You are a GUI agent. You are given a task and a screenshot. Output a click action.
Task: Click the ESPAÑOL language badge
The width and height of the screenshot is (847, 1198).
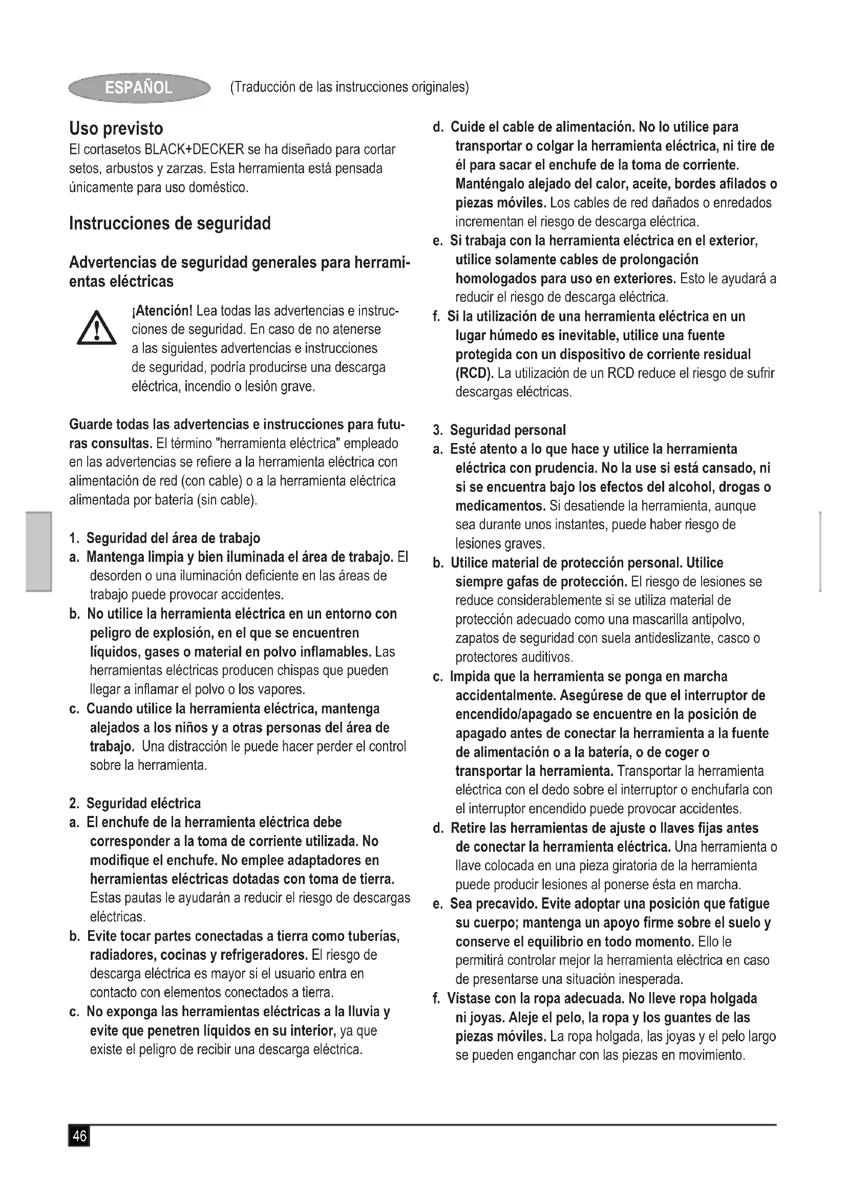click(139, 88)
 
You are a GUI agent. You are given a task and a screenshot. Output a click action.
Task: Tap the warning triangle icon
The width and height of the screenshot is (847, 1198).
click(96, 329)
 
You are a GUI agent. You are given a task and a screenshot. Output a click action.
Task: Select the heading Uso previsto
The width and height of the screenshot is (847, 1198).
click(116, 129)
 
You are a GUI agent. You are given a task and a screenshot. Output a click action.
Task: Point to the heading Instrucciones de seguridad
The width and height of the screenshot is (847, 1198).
click(170, 223)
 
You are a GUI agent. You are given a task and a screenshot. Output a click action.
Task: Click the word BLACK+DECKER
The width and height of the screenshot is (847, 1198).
click(194, 150)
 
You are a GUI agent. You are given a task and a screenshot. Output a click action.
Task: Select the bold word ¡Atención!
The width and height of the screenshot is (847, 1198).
click(162, 311)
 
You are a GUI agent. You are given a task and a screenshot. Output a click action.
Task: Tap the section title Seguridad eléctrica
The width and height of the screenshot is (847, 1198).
click(143, 803)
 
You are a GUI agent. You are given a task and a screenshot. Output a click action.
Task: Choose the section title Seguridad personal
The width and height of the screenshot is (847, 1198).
click(507, 430)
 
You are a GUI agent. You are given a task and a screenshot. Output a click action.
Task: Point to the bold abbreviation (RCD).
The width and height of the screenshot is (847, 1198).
click(474, 373)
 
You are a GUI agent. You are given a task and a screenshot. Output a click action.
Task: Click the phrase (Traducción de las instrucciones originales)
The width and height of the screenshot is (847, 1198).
click(349, 87)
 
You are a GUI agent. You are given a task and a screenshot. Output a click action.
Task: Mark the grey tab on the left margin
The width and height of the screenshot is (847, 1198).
click(39, 552)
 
